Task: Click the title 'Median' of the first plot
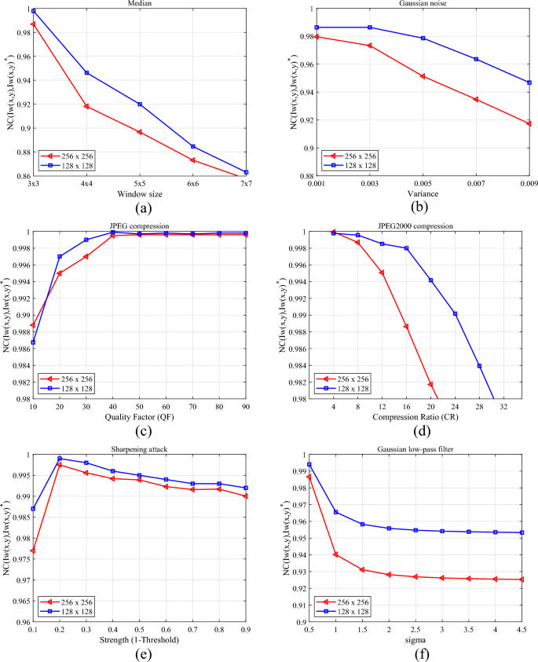tap(139, 4)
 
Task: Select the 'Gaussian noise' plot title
tap(423, 4)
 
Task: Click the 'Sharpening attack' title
tap(139, 449)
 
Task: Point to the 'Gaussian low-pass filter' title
tap(423, 449)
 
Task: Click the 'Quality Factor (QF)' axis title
tap(140, 418)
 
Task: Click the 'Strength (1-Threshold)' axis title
tap(140, 640)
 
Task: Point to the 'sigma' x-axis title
tap(423, 640)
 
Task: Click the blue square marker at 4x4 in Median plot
tap(86, 72)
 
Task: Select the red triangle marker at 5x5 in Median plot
tap(140, 132)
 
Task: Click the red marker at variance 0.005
tap(423, 76)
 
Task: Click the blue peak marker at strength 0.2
tap(60, 459)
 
